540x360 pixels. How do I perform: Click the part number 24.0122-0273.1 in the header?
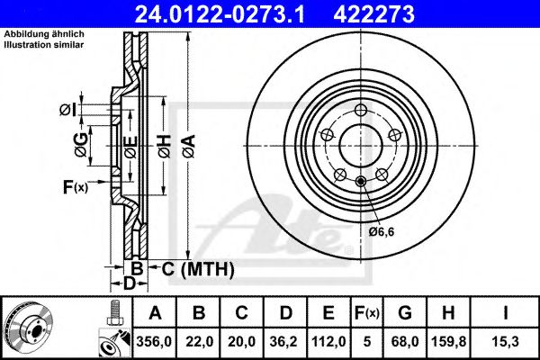pos(222,13)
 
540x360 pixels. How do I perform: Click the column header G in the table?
pos(406,312)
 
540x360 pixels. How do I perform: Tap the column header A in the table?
pos(156,312)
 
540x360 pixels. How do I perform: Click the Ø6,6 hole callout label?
pos(382,231)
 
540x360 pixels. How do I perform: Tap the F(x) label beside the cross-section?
pos(75,187)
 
